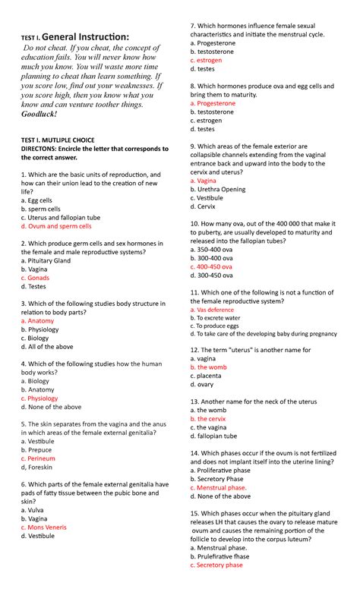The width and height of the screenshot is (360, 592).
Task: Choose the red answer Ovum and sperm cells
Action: pos(56,225)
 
